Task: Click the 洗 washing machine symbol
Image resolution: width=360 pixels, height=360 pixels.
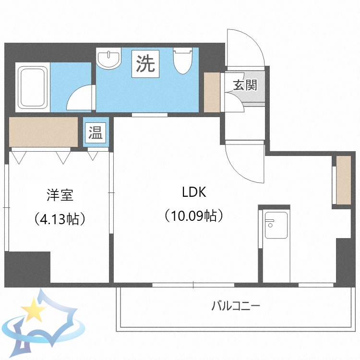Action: click(x=145, y=64)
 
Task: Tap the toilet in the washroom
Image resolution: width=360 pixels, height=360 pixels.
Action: click(x=182, y=60)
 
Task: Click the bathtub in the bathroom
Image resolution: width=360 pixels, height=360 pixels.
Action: click(x=33, y=87)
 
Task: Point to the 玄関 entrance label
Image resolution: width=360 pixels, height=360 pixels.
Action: click(x=245, y=85)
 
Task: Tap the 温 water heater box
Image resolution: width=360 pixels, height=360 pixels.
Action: click(x=95, y=133)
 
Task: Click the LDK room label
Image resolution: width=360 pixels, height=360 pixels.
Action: click(x=193, y=192)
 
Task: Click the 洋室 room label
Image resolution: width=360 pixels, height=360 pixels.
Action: click(x=60, y=196)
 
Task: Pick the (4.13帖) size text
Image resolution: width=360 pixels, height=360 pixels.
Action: click(x=60, y=219)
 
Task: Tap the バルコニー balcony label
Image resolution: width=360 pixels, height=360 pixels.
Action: click(x=235, y=305)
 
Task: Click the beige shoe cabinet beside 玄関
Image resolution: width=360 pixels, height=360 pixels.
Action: click(x=212, y=92)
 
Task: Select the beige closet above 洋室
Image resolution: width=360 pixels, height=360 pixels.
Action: click(x=44, y=132)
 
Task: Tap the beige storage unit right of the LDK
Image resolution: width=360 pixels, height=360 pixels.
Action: click(x=343, y=180)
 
